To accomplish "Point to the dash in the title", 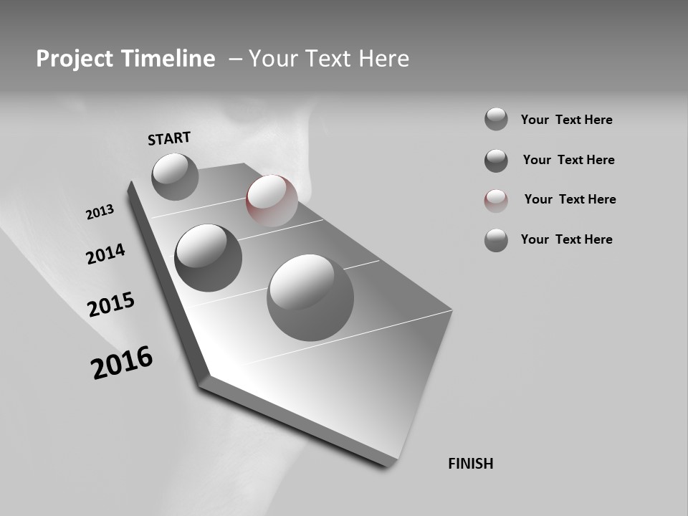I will pyautogui.click(x=235, y=59).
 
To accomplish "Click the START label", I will pyautogui.click(x=169, y=138).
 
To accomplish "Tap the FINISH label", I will pyautogui.click(x=471, y=464).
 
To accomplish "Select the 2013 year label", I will pyautogui.click(x=100, y=212).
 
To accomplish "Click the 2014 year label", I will pyautogui.click(x=105, y=254).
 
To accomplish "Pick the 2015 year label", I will pyautogui.click(x=111, y=305).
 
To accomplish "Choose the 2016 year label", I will pyautogui.click(x=122, y=363).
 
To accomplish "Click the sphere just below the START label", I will pyautogui.click(x=175, y=176).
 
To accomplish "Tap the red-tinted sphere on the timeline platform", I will pyautogui.click(x=272, y=200).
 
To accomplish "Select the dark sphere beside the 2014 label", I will pyautogui.click(x=208, y=257).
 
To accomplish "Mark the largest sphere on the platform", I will pyautogui.click(x=310, y=297).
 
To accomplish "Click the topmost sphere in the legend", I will pyautogui.click(x=496, y=119).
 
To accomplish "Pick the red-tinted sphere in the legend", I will pyautogui.click(x=496, y=201).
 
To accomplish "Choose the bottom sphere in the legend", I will pyautogui.click(x=496, y=240).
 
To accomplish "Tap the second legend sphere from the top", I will pyautogui.click(x=496, y=161).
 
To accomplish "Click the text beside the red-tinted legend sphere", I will pyautogui.click(x=570, y=199).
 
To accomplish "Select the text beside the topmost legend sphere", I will pyautogui.click(x=566, y=120).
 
